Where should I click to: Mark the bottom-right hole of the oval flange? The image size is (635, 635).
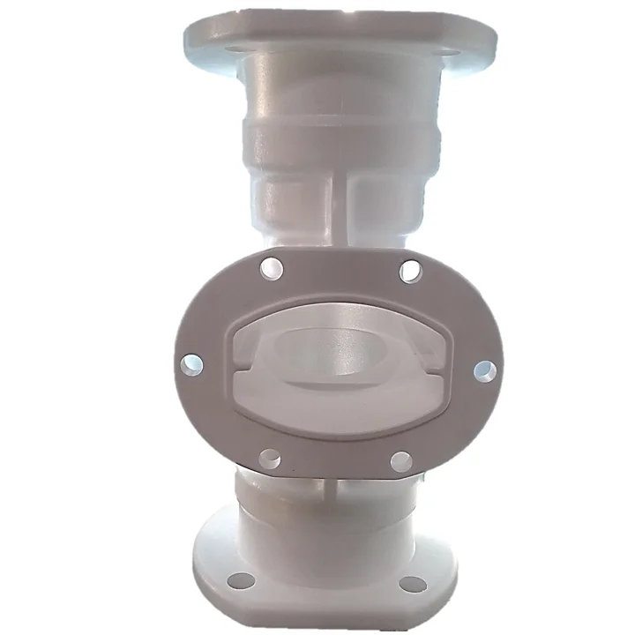click(x=400, y=461)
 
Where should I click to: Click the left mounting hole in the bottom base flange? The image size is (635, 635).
click(x=240, y=579)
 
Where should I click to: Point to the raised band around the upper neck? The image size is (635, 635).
click(x=340, y=141)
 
